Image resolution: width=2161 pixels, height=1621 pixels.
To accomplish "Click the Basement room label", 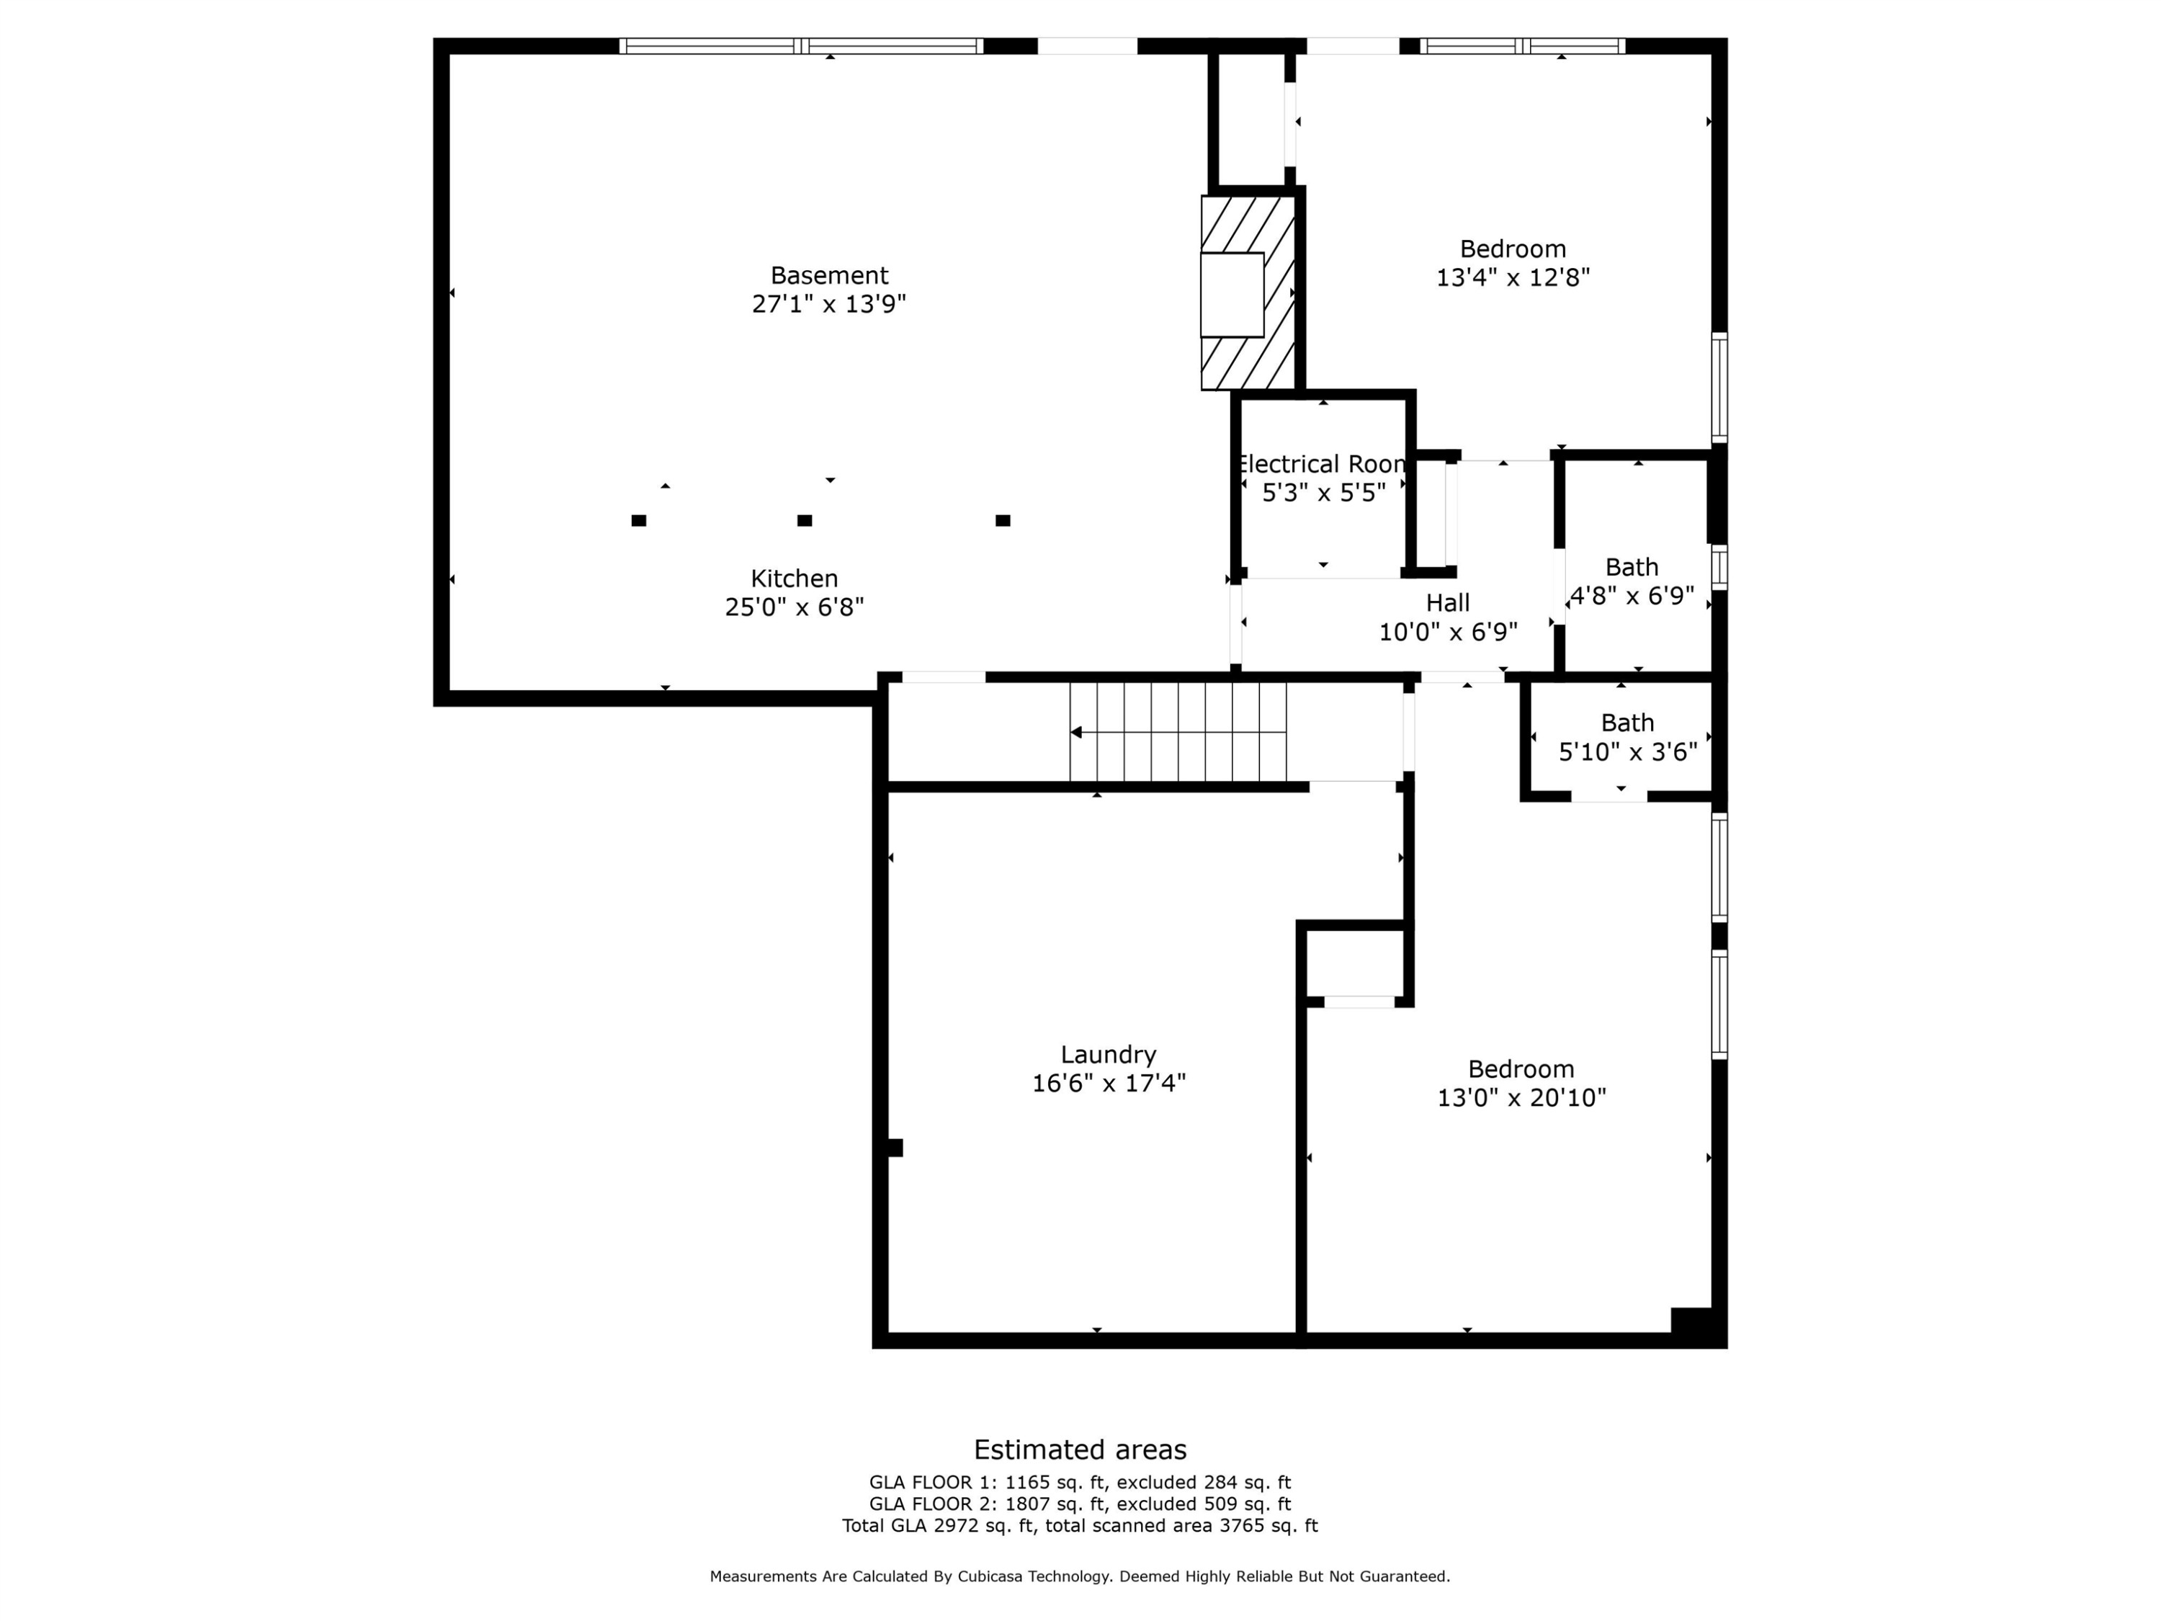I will (828, 275).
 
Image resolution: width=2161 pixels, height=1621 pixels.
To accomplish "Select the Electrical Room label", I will (1322, 464).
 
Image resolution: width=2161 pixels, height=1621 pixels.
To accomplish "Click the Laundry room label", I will (1108, 1054).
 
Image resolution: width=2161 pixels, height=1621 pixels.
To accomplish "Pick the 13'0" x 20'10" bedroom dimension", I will (1520, 1097).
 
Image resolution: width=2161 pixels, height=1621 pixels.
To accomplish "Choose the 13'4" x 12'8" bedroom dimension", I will (1512, 277).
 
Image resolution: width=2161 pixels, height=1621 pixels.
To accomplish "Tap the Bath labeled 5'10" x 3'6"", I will (1627, 723).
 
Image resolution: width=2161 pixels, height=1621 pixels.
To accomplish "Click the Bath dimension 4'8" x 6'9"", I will (1631, 596).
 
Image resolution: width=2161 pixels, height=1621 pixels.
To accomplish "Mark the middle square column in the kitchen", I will (804, 521).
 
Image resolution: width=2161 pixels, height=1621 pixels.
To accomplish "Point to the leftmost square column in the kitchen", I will (638, 521).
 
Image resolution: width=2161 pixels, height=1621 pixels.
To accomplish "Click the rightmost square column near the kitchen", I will (1003, 521).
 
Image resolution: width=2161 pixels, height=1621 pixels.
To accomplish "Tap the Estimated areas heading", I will (1080, 1449).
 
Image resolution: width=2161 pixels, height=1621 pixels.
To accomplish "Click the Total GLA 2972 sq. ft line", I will (1080, 1525).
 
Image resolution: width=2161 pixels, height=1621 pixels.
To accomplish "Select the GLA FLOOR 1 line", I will (1080, 1482).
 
